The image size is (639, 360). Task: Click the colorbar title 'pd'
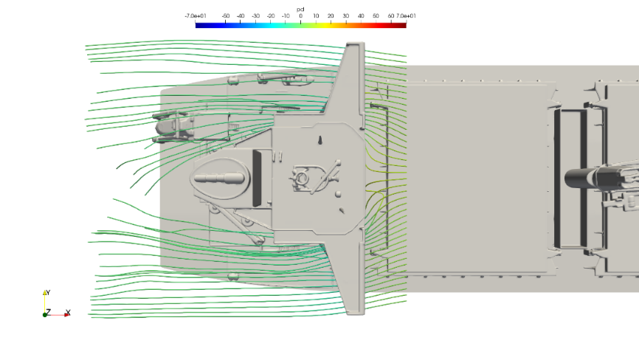click(x=300, y=10)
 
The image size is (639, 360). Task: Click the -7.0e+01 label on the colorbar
click(x=196, y=16)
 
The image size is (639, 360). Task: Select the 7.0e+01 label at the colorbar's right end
click(x=406, y=16)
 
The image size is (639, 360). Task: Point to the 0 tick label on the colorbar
click(x=301, y=16)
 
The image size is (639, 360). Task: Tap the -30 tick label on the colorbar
click(x=255, y=16)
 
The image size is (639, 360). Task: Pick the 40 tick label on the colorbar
click(x=361, y=16)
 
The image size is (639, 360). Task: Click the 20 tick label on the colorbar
click(x=331, y=16)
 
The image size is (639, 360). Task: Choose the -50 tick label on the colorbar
click(x=225, y=16)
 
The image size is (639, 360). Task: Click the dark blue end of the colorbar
click(x=200, y=25)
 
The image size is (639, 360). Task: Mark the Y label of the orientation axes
click(x=48, y=292)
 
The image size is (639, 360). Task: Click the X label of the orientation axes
click(x=68, y=312)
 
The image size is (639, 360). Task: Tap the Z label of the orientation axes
click(x=49, y=311)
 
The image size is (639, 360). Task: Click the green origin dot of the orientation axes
click(x=44, y=315)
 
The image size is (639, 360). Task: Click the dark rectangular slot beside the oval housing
click(x=257, y=179)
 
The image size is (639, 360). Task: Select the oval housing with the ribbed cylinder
click(x=220, y=179)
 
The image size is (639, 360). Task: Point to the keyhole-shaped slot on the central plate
click(x=320, y=140)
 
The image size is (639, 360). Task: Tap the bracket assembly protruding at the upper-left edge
click(x=174, y=127)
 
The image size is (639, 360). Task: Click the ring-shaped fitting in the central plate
click(x=302, y=178)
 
